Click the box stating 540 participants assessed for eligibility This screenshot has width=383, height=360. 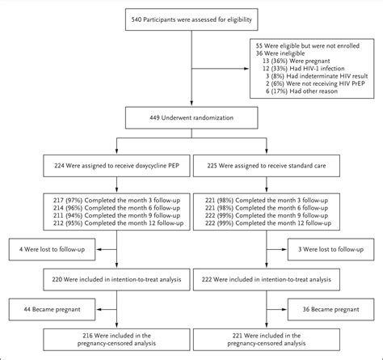click(191, 19)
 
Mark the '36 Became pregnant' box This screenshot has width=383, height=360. click(331, 307)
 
